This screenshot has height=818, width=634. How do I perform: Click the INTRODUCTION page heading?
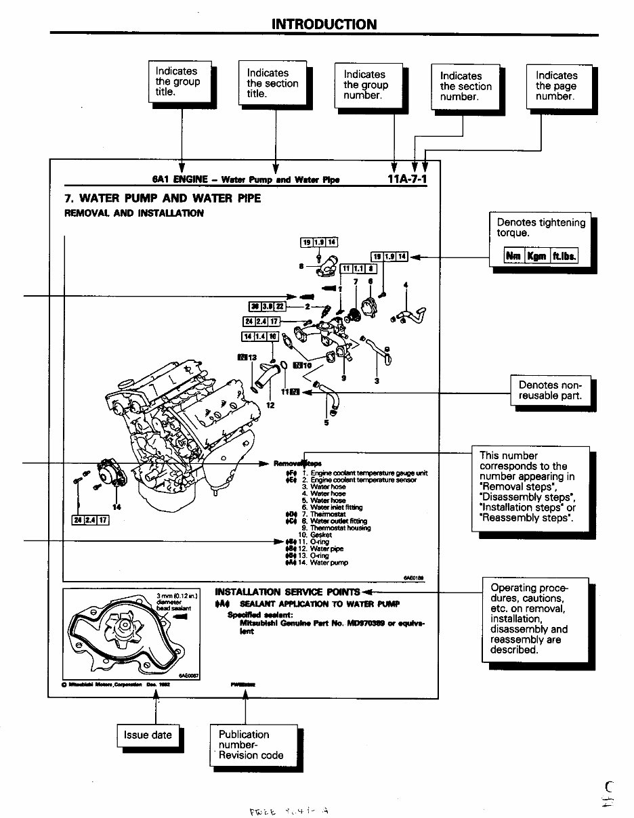coord(324,24)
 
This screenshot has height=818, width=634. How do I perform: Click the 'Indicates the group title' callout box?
coord(179,81)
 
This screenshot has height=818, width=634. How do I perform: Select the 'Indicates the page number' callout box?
coord(559,86)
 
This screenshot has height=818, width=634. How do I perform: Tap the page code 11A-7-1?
coord(407,179)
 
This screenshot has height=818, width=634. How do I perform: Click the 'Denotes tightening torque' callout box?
coord(540,228)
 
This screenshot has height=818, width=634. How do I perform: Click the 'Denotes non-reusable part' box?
coord(549,390)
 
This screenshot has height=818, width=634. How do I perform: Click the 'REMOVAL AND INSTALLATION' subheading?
coord(133,213)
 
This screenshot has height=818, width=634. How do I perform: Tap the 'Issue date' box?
coord(148,735)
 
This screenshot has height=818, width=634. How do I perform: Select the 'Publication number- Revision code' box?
coord(251,745)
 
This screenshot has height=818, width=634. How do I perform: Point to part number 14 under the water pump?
coord(117,507)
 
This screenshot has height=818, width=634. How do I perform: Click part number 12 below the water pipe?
coord(270,406)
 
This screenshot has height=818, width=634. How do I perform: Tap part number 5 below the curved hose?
coord(326,423)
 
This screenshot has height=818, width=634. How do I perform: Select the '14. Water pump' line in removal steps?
coord(325,562)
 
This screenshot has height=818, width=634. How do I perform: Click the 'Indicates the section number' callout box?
coord(463,86)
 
